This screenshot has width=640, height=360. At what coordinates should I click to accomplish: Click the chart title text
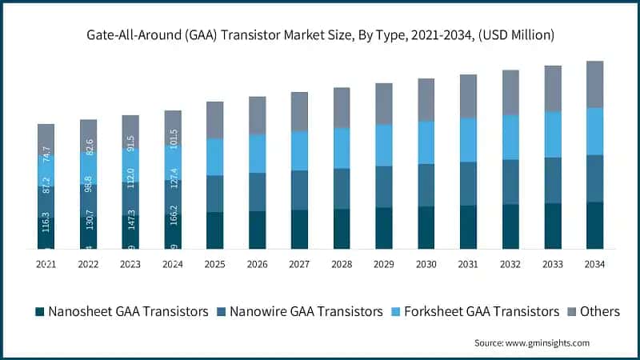tap(320, 35)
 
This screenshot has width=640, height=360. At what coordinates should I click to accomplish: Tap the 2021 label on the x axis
tap(46, 264)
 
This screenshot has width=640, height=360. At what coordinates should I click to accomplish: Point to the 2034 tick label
tap(594, 264)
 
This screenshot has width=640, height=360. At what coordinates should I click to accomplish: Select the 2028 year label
tap(342, 264)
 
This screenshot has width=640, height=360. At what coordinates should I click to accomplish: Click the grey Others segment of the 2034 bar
tap(594, 84)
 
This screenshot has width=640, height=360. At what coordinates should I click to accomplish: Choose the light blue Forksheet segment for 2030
tap(426, 142)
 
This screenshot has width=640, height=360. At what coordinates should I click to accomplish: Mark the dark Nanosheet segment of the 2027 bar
tap(299, 230)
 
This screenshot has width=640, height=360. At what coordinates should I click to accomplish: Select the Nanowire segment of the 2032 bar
tap(510, 182)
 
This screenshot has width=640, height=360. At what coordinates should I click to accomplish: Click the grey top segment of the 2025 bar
tap(215, 120)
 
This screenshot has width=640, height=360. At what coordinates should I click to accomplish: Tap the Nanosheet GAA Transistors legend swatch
tap(38, 311)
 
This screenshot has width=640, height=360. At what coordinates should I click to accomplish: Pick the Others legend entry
tap(596, 311)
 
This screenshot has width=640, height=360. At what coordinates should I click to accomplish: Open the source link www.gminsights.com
tap(550, 342)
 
